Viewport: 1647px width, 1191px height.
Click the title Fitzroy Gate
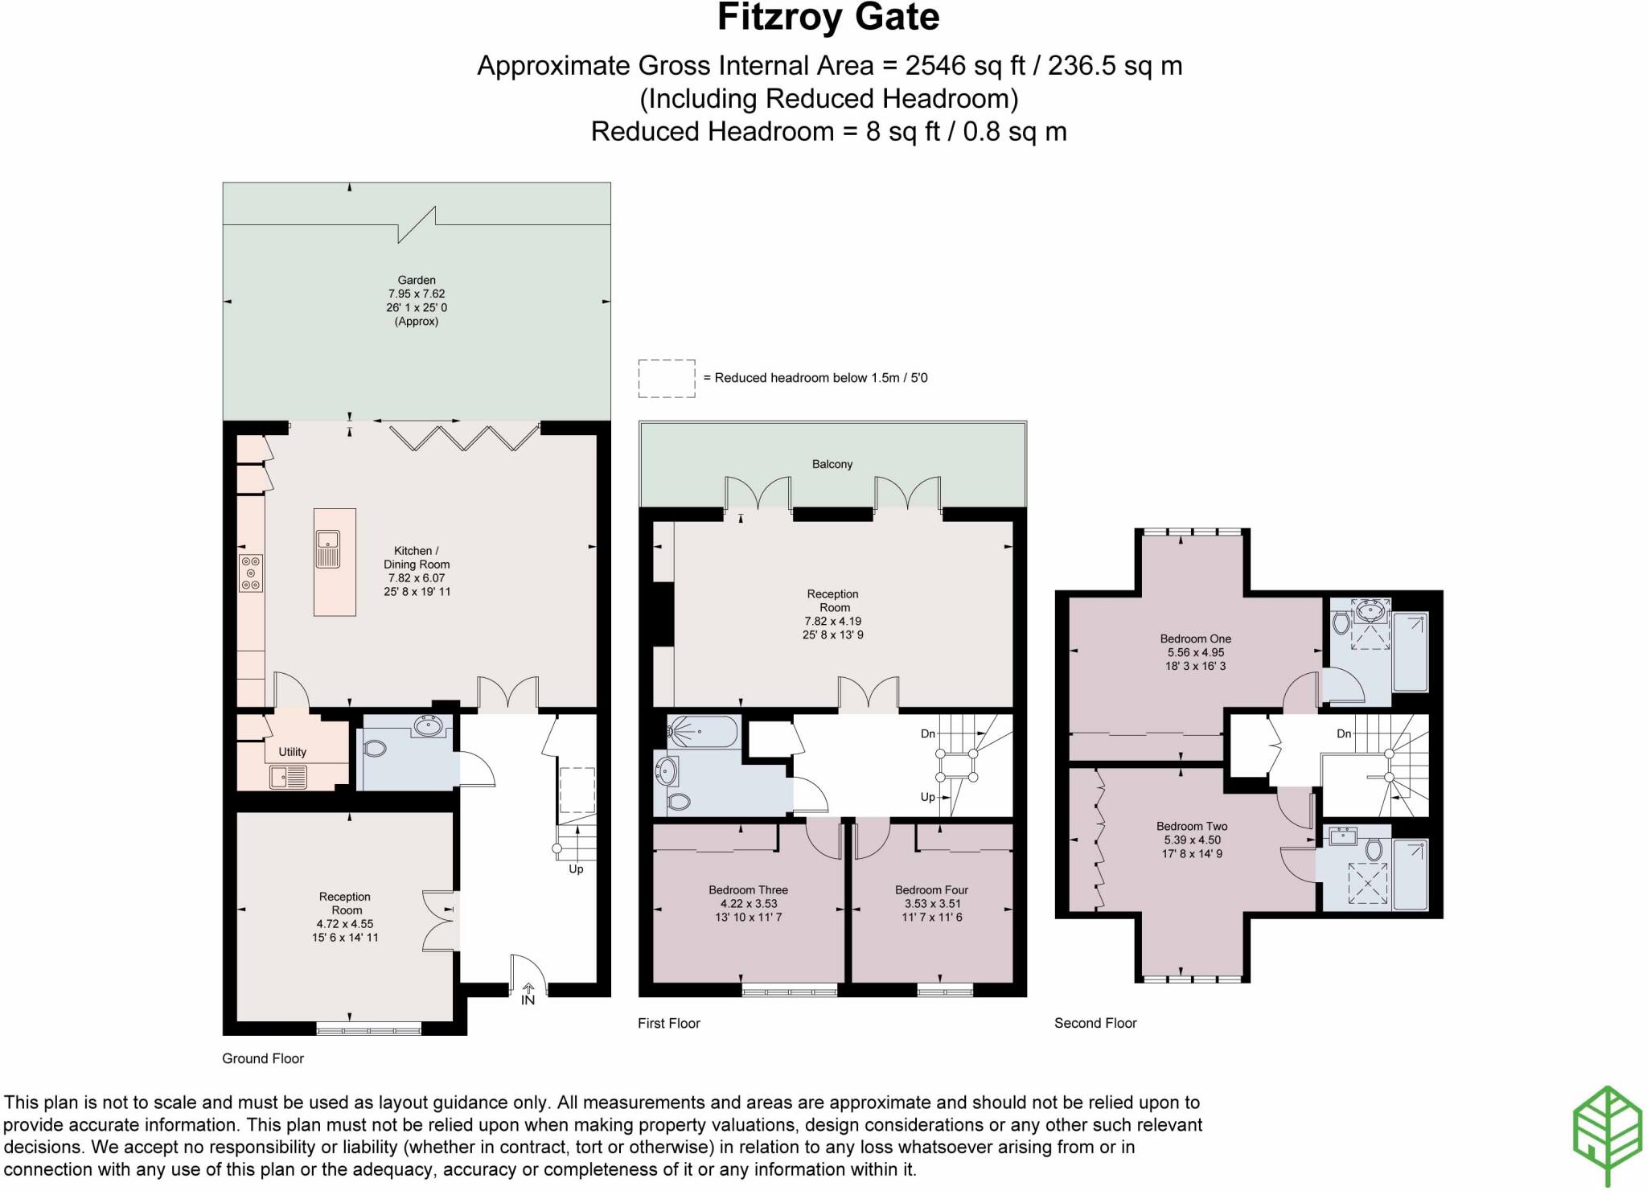click(x=828, y=18)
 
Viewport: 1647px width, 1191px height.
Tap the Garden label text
click(x=417, y=281)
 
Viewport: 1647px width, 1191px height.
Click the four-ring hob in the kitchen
click(x=251, y=573)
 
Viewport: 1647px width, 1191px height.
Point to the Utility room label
click(x=292, y=752)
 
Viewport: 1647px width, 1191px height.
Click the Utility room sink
click(x=288, y=777)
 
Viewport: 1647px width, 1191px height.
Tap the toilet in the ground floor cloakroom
click(x=375, y=748)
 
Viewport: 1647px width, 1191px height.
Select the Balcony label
click(x=832, y=464)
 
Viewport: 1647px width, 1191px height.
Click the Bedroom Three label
click(x=748, y=889)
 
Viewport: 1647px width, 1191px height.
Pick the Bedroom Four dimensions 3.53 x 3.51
click(x=931, y=903)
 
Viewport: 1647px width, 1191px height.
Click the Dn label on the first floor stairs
click(x=927, y=733)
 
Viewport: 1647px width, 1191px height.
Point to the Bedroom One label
click(x=1195, y=639)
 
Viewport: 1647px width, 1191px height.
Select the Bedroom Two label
click(x=1192, y=826)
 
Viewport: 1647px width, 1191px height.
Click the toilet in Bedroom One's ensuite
click(x=1341, y=622)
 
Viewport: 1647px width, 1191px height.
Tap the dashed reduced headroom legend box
click(x=666, y=378)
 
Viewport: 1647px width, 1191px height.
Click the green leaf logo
click(x=1607, y=1135)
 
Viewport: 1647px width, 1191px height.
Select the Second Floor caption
click(x=1095, y=1023)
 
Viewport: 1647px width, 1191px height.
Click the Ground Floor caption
click(x=263, y=1058)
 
